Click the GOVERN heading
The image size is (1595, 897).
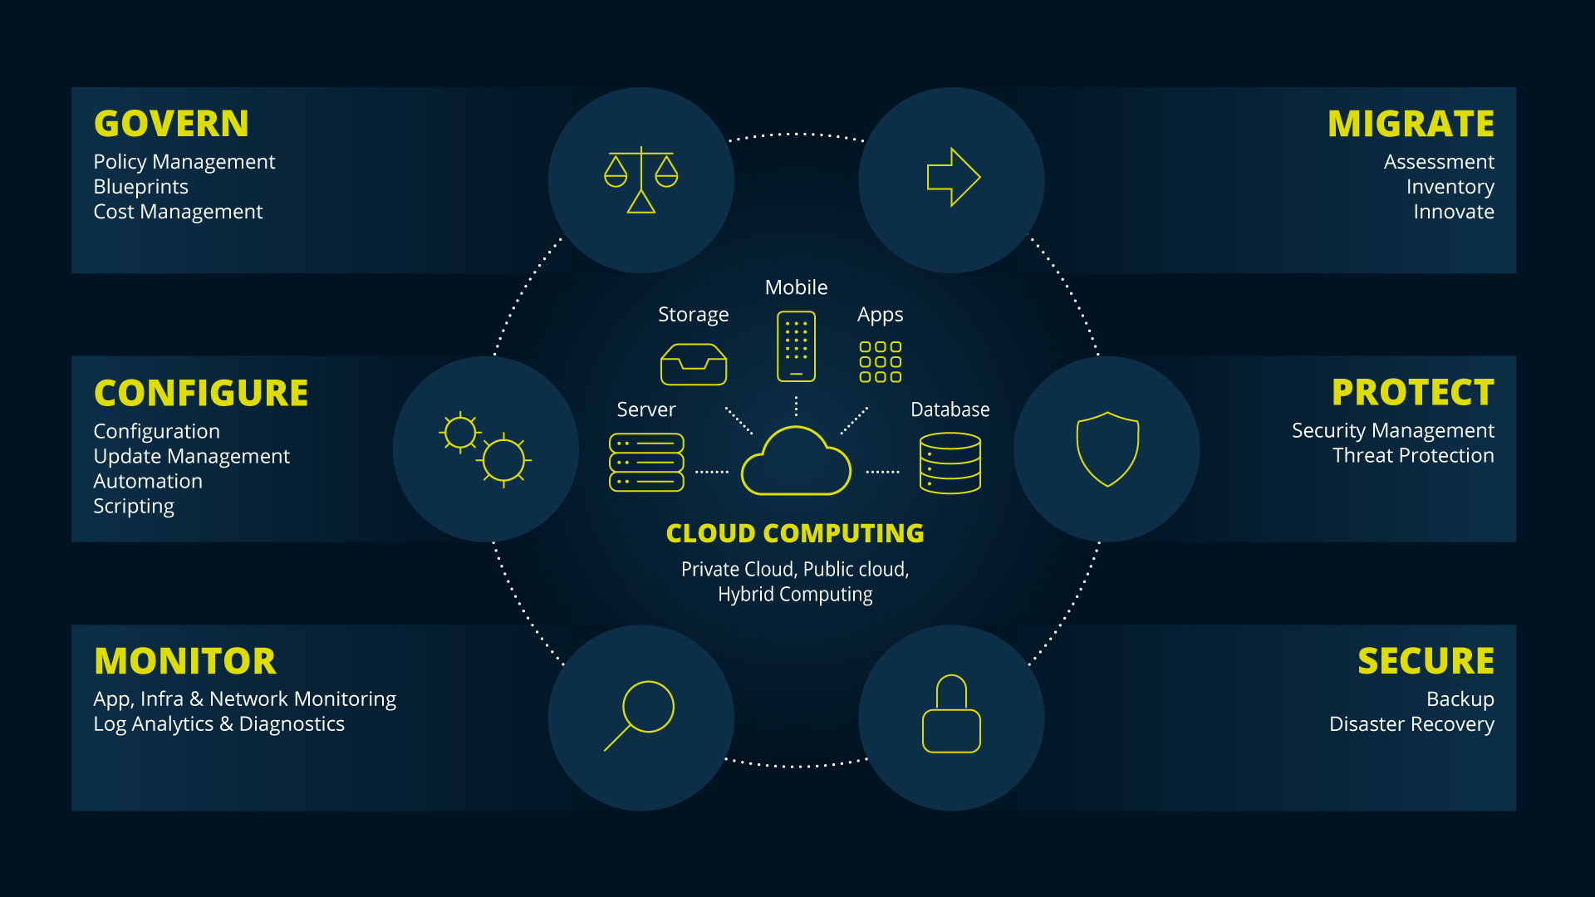click(x=171, y=124)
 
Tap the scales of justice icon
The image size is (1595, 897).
click(x=640, y=179)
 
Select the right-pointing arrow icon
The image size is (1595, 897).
click(x=953, y=177)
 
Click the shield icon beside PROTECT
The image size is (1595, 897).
click(x=1107, y=448)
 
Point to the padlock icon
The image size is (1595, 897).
click(x=951, y=714)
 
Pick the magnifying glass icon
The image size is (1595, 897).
click(x=640, y=714)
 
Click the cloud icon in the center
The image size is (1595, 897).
click(x=796, y=463)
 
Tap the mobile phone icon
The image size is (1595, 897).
click(x=796, y=346)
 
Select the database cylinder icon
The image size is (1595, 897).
click(x=950, y=463)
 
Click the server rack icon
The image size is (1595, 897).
click(x=646, y=463)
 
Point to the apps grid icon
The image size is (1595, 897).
click(x=880, y=361)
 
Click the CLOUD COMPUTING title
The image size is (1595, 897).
click(x=795, y=533)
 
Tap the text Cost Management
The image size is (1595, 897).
click(x=178, y=212)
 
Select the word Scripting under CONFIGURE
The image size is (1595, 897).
click(x=134, y=506)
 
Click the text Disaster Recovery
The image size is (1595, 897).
click(x=1411, y=724)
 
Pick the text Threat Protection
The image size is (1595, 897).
click(x=1412, y=455)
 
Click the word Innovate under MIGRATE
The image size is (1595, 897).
click(x=1453, y=212)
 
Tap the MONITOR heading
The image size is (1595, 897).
click(x=185, y=661)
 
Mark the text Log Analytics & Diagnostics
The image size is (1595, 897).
click(x=218, y=724)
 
